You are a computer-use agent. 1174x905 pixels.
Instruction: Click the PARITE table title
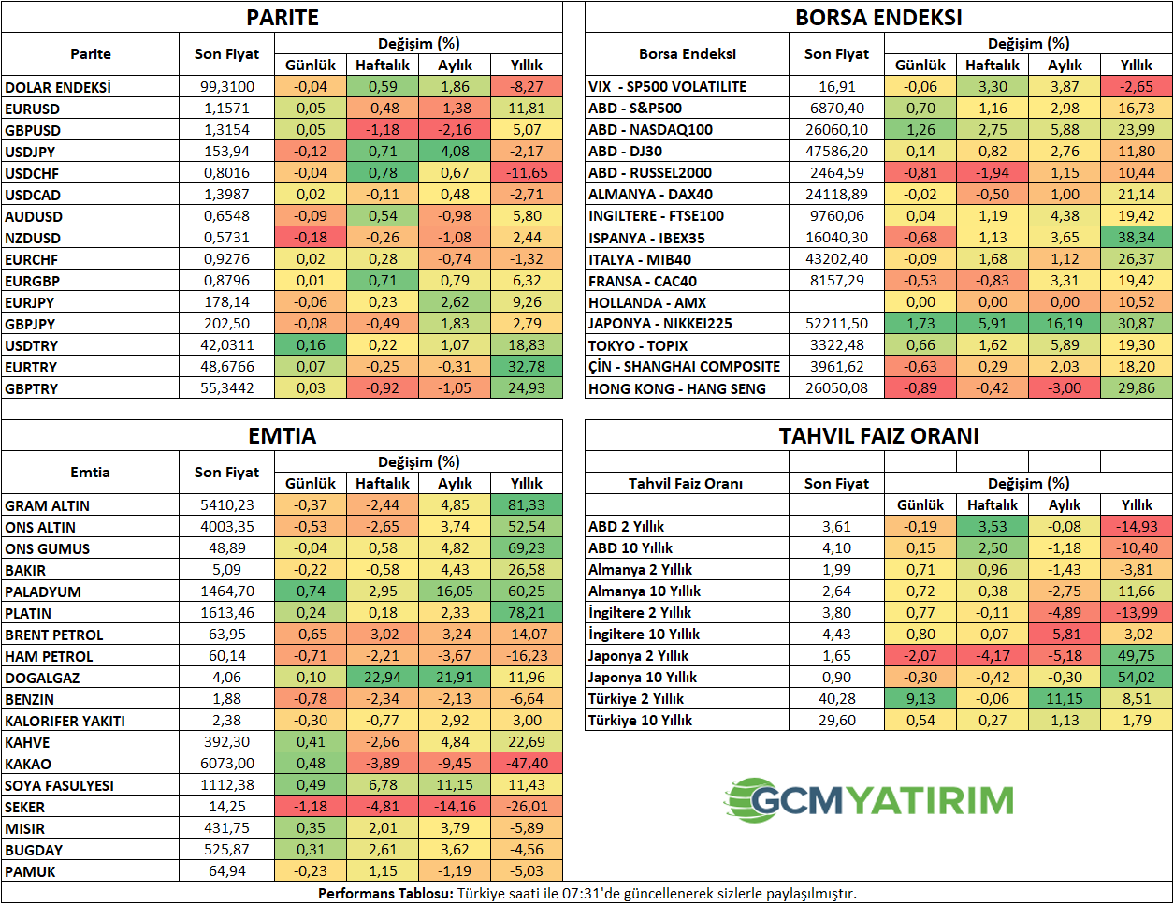point(283,18)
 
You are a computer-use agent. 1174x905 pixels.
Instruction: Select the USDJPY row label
point(30,152)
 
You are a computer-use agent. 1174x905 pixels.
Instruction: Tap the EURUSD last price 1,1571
point(226,109)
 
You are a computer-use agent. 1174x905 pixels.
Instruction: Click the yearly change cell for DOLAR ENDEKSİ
point(527,86)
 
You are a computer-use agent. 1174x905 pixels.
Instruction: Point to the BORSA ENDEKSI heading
point(878,18)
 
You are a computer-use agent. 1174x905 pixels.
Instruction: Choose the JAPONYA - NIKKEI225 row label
point(659,324)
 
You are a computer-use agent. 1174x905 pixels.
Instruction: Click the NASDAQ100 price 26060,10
point(836,130)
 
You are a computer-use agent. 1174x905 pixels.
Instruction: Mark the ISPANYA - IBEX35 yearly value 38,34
point(1136,238)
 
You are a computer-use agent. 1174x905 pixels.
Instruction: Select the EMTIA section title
point(283,436)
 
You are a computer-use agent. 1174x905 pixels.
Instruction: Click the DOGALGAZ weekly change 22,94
point(382,678)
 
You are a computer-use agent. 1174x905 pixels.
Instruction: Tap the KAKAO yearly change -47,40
point(527,764)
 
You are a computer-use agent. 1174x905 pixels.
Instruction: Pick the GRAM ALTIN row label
point(47,505)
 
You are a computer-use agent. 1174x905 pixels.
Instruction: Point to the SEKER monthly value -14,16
point(455,807)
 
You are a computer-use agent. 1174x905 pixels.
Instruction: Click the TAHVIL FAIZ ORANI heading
point(878,436)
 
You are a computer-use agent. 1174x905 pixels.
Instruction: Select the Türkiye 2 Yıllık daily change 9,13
point(920,699)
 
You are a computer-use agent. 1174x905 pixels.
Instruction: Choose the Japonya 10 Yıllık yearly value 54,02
point(1136,678)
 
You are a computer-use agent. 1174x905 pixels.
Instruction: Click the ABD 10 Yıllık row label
point(630,548)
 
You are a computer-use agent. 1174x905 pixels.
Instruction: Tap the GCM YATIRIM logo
point(869,800)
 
